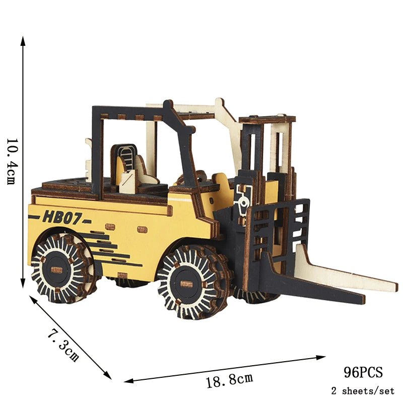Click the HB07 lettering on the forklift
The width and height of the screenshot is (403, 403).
coord(61,217)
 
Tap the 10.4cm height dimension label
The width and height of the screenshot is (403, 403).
coord(12,161)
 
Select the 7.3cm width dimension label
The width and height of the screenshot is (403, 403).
coord(63,345)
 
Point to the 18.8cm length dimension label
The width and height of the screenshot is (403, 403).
coord(230,380)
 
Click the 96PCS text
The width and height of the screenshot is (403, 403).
coord(363,372)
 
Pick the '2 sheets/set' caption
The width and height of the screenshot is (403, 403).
coord(363,391)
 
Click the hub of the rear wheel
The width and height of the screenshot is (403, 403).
coord(57,270)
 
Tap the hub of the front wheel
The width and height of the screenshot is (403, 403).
coord(186,284)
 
